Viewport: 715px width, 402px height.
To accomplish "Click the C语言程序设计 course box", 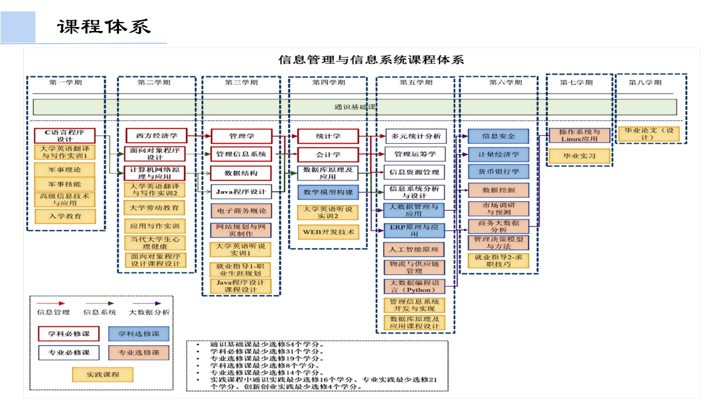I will [x=65, y=135].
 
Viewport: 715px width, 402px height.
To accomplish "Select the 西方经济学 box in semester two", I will [x=156, y=135].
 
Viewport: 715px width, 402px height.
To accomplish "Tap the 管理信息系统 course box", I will [x=241, y=154].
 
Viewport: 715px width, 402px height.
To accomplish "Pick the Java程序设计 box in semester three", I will [x=241, y=192].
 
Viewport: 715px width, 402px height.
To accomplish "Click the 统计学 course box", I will [x=328, y=136].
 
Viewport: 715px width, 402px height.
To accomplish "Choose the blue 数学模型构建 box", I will [x=328, y=192].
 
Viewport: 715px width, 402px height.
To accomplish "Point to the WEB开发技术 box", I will [x=328, y=232].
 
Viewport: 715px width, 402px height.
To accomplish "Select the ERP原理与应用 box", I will [x=414, y=231].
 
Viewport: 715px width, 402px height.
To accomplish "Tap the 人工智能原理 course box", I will [x=414, y=249].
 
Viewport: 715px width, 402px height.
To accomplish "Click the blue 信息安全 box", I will [x=498, y=136].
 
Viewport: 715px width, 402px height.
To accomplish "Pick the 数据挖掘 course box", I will [x=498, y=190].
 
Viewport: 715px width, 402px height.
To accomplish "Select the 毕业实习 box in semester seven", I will [x=580, y=156].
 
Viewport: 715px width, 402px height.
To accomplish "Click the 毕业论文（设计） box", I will [x=649, y=134].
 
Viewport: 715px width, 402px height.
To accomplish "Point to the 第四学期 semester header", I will [x=328, y=82].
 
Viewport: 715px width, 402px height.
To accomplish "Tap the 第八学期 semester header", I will [x=645, y=82].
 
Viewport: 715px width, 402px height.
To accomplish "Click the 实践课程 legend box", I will [x=103, y=374].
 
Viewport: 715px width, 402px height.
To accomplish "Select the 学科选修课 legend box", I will [x=139, y=334].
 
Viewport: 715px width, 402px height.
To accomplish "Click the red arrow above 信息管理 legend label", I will [x=51, y=303].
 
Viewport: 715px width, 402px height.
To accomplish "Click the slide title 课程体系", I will [x=104, y=26].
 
